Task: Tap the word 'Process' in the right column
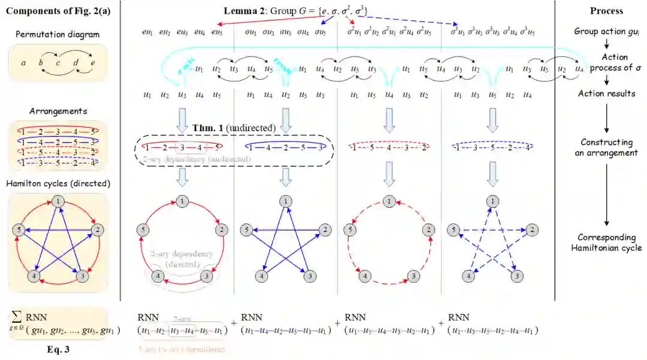pyautogui.click(x=606, y=11)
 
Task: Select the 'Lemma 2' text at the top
pyautogui.click(x=241, y=10)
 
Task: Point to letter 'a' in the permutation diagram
pyautogui.click(x=22, y=62)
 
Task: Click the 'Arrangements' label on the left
pyautogui.click(x=49, y=111)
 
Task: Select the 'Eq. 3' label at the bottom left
pyautogui.click(x=59, y=349)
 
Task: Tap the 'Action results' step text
pyautogui.click(x=606, y=93)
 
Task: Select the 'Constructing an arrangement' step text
pyautogui.click(x=606, y=147)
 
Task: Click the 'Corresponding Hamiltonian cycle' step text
pyautogui.click(x=606, y=242)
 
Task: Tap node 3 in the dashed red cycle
pyautogui.click(x=413, y=276)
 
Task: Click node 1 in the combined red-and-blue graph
pyautogui.click(x=58, y=201)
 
